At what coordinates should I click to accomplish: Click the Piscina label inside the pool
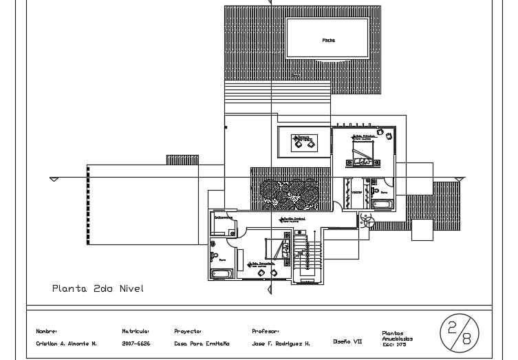tap(328, 41)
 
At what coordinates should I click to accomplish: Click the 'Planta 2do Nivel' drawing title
tap(98, 288)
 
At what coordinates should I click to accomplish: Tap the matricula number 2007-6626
tap(136, 343)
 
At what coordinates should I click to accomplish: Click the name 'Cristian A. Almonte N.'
tap(66, 343)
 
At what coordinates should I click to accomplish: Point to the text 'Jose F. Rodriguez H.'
tap(281, 343)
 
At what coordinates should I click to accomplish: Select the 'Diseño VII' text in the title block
tap(347, 341)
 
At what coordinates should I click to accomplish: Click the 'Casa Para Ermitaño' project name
tap(202, 343)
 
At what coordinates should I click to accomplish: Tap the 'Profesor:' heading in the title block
tap(265, 331)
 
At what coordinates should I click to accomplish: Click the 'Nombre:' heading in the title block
tap(46, 331)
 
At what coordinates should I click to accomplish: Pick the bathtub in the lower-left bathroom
tap(222, 274)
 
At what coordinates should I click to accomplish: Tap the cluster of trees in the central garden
tap(289, 194)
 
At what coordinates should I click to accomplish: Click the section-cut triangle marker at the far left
tap(54, 180)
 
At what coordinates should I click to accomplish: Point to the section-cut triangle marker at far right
tap(460, 180)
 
